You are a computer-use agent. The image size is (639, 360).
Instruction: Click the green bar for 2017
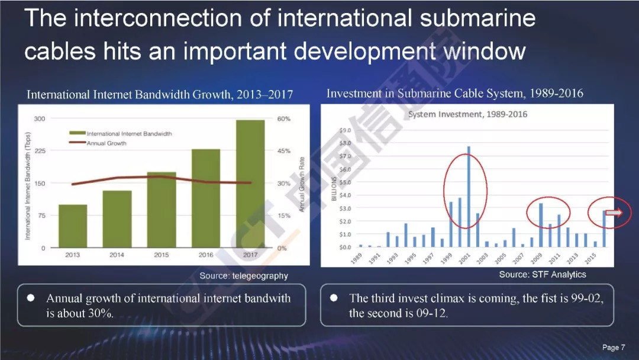250,184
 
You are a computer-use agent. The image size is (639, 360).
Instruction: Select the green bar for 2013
73,226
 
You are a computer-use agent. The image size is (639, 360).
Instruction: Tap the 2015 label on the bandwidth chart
162,255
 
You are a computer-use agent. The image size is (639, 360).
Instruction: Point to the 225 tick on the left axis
40,151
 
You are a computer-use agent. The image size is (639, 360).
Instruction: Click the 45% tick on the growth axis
283,151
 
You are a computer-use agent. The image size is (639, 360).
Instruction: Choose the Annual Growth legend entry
98,143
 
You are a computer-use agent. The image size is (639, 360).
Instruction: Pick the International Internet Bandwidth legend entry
121,133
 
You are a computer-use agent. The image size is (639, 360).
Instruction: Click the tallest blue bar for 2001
469,197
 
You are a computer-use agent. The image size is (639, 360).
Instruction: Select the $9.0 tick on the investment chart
345,130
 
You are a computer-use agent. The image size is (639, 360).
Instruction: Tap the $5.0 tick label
345,182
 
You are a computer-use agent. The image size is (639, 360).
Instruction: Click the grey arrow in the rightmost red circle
614,213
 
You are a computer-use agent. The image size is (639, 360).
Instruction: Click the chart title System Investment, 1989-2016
468,114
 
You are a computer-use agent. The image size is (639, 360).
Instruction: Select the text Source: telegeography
244,276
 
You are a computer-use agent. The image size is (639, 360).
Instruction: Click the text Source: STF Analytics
543,275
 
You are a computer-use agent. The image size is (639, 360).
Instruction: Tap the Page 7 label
614,348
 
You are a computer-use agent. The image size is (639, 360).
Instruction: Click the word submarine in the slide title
477,18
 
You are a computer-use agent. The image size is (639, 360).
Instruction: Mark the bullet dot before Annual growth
31,298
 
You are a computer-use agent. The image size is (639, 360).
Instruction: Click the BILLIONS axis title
334,189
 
